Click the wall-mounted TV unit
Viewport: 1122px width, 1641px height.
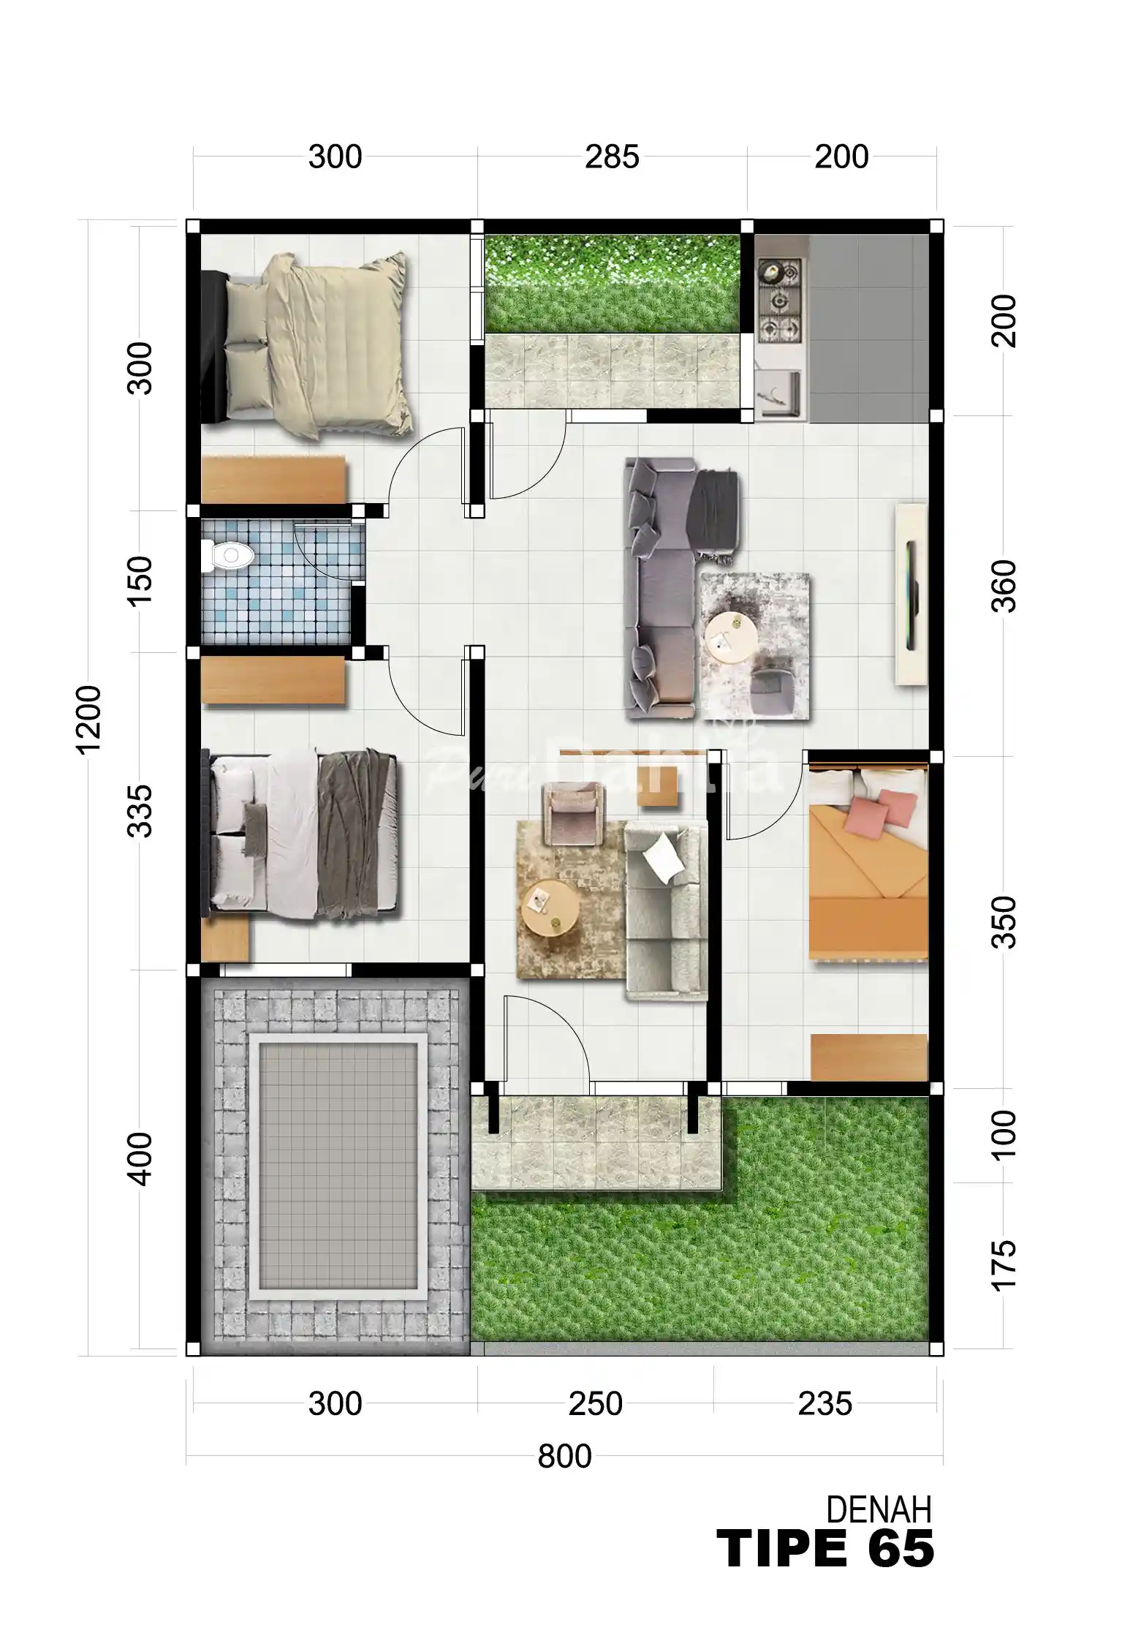pyautogui.click(x=911, y=594)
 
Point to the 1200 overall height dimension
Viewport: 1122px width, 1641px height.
pyautogui.click(x=88, y=720)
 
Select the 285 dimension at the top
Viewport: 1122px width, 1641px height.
pyautogui.click(x=612, y=157)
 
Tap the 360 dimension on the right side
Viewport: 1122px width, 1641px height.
pyautogui.click(x=1004, y=586)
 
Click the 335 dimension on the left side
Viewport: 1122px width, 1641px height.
pyautogui.click(x=140, y=811)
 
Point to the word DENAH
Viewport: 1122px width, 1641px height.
pyautogui.click(x=879, y=1511)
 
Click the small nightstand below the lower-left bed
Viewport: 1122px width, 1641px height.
pyautogui.click(x=225, y=939)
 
